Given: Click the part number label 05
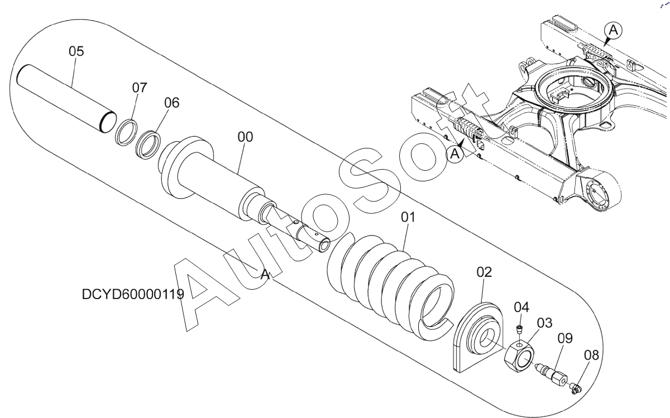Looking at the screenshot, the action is click(x=76, y=51).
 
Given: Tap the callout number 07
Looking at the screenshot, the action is click(x=140, y=88).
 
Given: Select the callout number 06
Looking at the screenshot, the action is click(x=172, y=103).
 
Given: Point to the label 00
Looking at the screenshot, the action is click(x=245, y=137).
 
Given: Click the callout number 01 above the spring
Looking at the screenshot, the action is click(x=408, y=218).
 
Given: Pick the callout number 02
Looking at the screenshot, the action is click(x=484, y=272).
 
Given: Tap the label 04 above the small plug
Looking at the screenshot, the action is click(x=521, y=308).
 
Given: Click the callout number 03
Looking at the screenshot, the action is click(x=545, y=323).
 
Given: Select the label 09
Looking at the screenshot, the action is click(x=565, y=338).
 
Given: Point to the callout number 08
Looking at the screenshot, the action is click(x=591, y=355).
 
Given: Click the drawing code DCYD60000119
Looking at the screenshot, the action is click(x=133, y=295).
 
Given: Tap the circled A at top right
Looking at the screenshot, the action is click(x=613, y=30).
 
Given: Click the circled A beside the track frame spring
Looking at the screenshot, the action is click(x=454, y=154).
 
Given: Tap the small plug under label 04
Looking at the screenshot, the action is click(x=520, y=329).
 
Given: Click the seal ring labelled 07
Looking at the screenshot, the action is click(x=126, y=132).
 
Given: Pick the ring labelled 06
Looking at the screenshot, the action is click(x=148, y=145).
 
